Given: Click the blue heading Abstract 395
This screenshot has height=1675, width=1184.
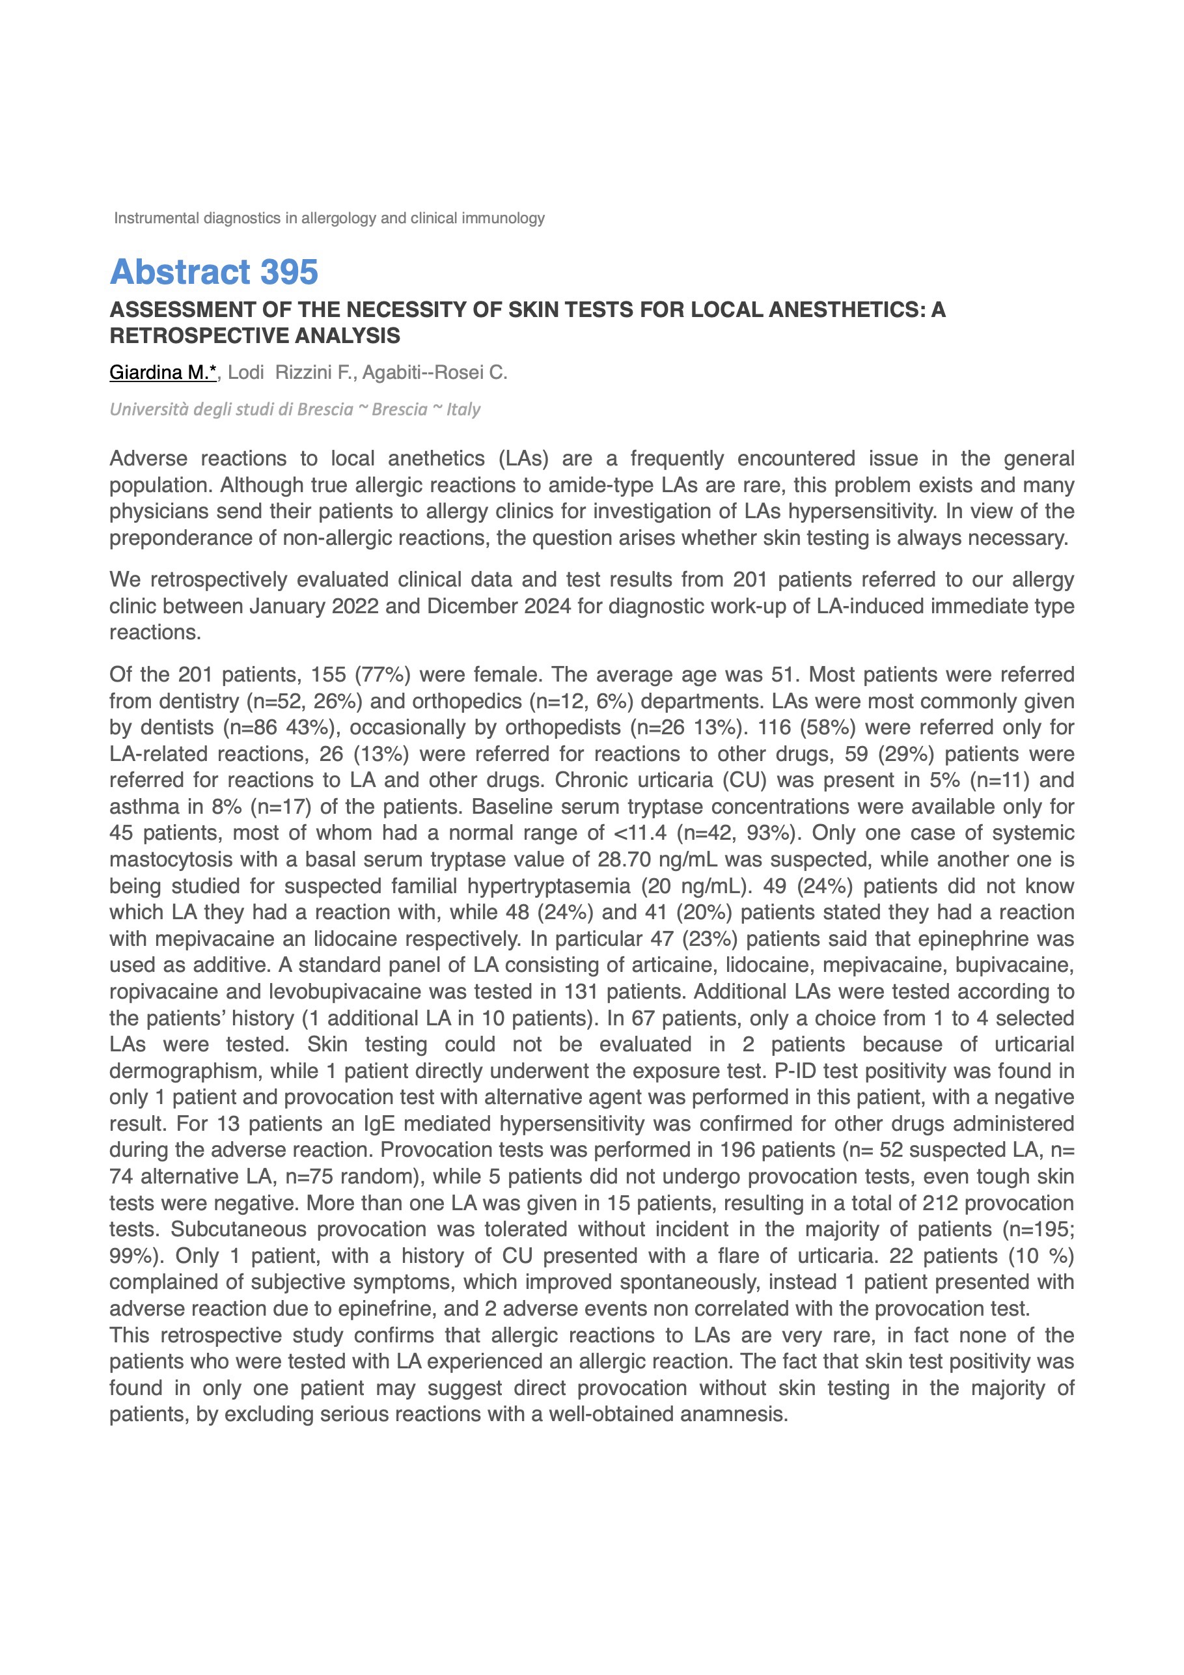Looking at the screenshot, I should pyautogui.click(x=213, y=272).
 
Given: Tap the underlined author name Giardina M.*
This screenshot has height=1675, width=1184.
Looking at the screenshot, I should pyautogui.click(x=163, y=373).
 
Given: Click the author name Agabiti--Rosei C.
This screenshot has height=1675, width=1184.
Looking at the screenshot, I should pyautogui.click(x=435, y=373).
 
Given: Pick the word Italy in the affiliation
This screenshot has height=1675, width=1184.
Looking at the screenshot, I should pyautogui.click(x=463, y=409).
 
